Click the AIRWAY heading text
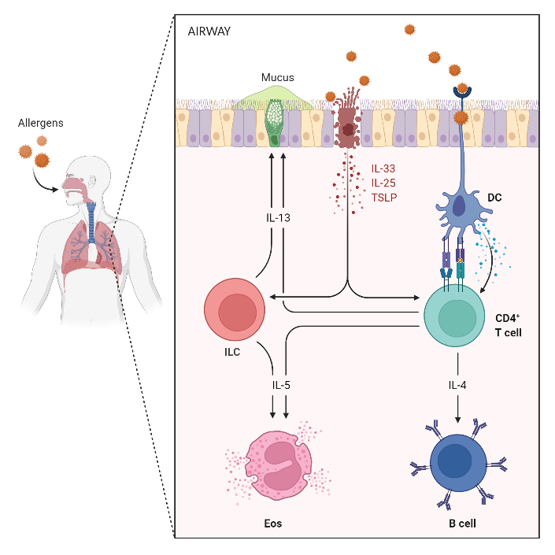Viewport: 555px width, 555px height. tap(209, 32)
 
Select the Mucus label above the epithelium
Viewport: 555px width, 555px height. tap(277, 77)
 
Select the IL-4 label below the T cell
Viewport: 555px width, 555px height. tap(457, 386)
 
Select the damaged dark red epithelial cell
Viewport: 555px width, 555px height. tap(346, 126)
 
